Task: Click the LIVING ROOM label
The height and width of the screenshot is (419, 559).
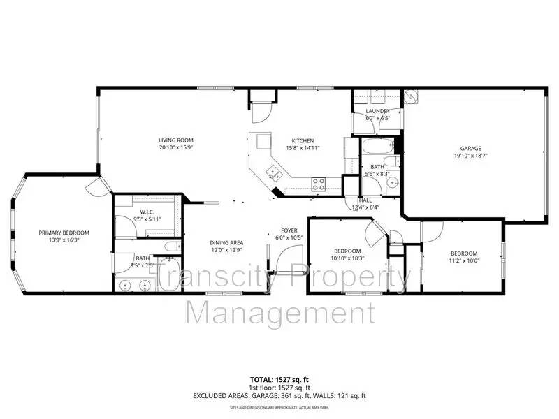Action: (x=175, y=140)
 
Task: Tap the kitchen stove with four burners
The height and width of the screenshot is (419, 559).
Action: (x=319, y=184)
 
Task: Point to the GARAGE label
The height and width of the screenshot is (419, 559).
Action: (x=470, y=148)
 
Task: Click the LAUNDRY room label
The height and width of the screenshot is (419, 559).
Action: (x=377, y=112)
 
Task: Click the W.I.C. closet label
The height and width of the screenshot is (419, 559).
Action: (x=147, y=212)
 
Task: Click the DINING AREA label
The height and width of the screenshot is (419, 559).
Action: (x=226, y=242)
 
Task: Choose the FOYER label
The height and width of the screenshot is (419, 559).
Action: (x=289, y=230)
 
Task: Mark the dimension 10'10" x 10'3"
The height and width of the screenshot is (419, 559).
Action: (x=347, y=258)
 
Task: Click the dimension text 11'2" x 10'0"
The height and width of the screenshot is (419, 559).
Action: (x=464, y=260)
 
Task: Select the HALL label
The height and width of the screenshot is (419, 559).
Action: (x=365, y=200)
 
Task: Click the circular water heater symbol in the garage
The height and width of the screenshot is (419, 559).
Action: (x=412, y=97)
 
